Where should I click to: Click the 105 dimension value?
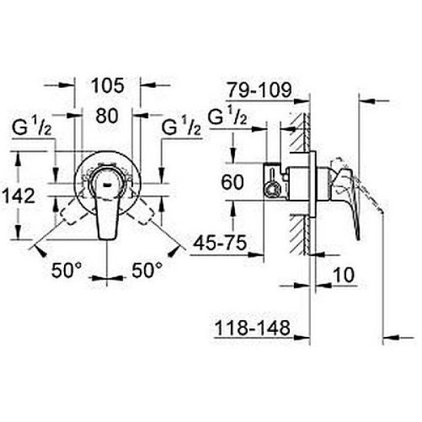pyautogui.click(x=108, y=86)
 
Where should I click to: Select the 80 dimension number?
pyautogui.click(x=107, y=117)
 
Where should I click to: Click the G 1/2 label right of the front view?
pyautogui.click(x=181, y=129)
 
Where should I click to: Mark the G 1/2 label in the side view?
pyautogui.click(x=228, y=116)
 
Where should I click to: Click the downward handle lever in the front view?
pyautogui.click(x=105, y=211)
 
